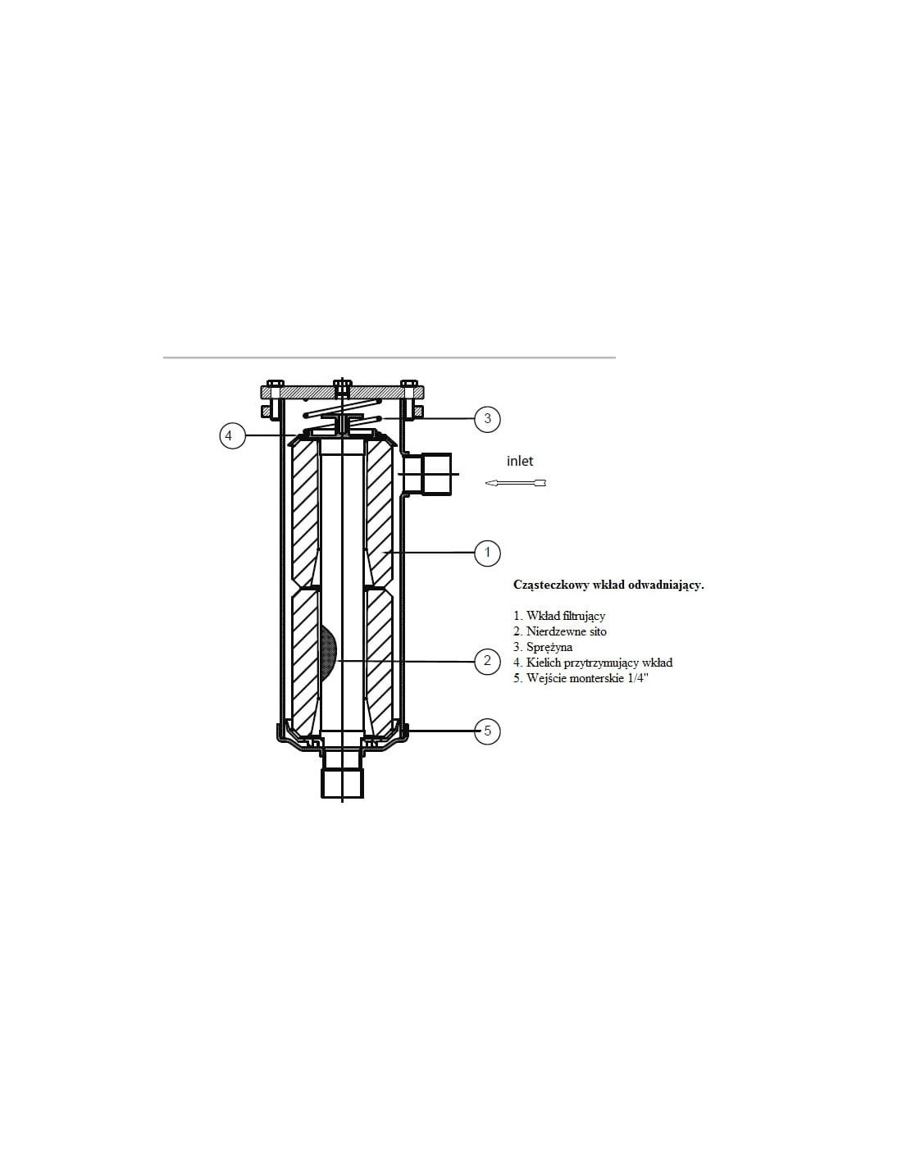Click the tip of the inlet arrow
[485, 483]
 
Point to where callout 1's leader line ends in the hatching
[382, 552]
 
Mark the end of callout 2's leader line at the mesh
[336, 661]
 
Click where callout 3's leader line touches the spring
[380, 418]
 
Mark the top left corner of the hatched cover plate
[260, 387]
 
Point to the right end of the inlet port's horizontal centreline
[459, 475]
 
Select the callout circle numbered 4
[232, 435]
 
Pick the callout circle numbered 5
[488, 731]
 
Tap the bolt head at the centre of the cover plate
[342, 384]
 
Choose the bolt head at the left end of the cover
[274, 384]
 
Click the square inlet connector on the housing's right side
[438, 474]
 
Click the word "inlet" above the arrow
[520, 461]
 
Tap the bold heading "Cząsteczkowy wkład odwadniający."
[608, 585]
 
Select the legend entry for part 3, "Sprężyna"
[543, 647]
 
